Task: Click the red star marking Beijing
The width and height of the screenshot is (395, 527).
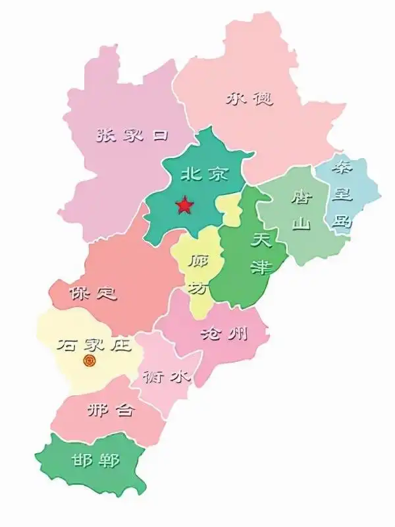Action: coord(184,206)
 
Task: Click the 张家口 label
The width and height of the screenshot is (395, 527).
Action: coord(132,136)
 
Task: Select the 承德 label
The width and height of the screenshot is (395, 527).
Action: coord(250,99)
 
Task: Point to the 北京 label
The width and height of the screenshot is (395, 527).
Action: coord(201,175)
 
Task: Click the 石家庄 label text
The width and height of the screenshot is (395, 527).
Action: coord(95,345)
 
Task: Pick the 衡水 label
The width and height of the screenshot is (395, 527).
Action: coord(168,377)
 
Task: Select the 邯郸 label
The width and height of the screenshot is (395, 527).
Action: coord(96,460)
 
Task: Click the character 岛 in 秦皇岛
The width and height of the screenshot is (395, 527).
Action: coord(342,220)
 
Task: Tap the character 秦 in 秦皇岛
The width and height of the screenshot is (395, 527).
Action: coord(344,166)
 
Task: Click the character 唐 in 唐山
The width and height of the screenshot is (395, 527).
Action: coord(302,196)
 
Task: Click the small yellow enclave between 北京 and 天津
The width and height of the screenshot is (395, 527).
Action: coord(230,209)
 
